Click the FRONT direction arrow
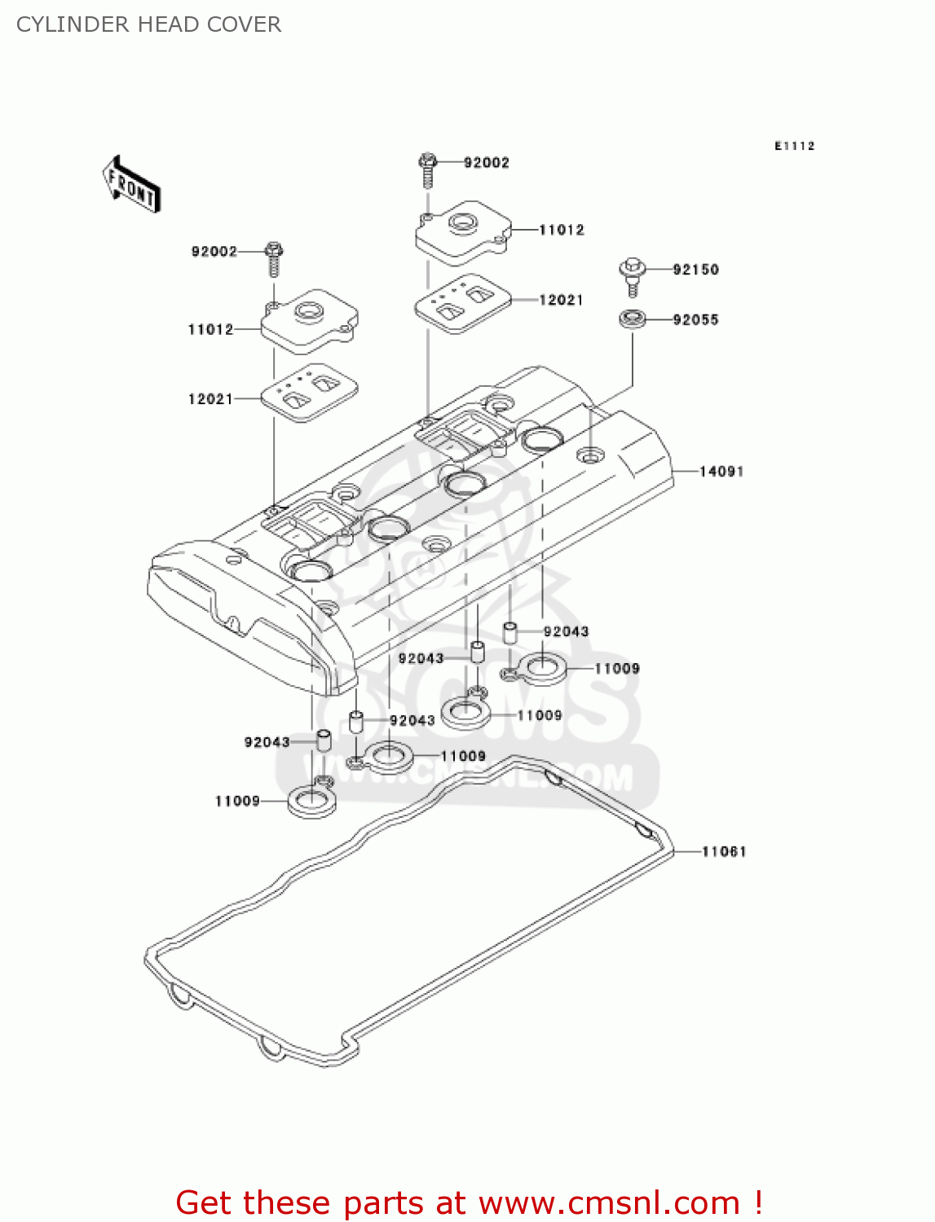click(131, 185)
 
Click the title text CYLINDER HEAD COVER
click(148, 24)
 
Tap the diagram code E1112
click(794, 146)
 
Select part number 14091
click(721, 471)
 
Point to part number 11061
click(724, 851)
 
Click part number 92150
click(695, 270)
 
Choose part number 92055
click(695, 319)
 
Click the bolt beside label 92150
click(633, 274)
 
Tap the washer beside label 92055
click(633, 318)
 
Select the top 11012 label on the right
click(562, 230)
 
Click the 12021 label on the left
click(210, 398)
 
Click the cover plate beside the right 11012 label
click(463, 231)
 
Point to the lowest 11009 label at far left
click(237, 801)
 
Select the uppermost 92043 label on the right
click(566, 631)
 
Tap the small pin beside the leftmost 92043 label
click(324, 740)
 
